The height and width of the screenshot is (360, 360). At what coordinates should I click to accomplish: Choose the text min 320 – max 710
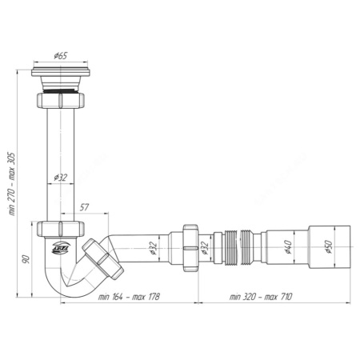260,297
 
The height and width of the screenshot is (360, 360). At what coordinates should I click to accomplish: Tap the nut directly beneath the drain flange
60,103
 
